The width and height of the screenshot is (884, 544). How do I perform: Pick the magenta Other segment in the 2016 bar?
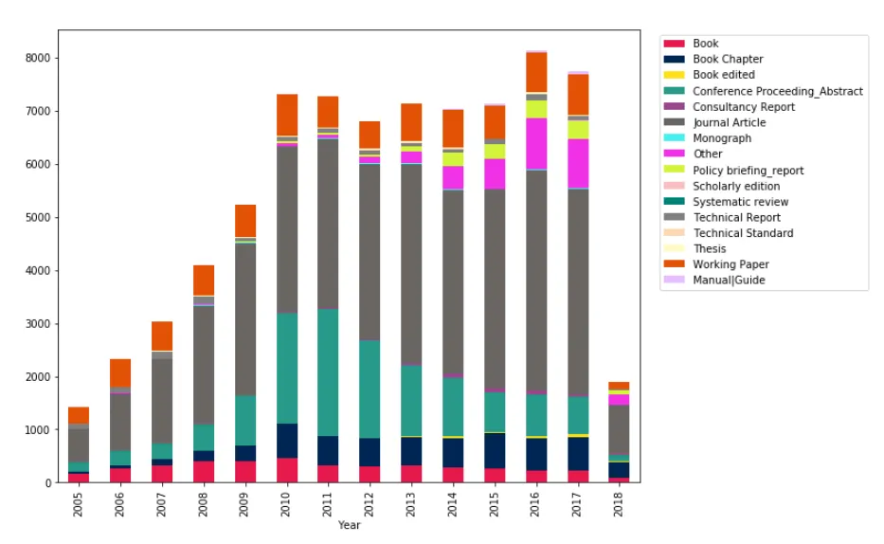pos(536,143)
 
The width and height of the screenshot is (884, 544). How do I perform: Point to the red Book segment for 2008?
pos(204,471)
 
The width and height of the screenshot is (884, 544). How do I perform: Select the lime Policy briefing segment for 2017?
pos(578,129)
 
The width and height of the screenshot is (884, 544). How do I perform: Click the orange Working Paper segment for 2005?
pos(79,415)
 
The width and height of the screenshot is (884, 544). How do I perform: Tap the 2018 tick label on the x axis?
pos(620,500)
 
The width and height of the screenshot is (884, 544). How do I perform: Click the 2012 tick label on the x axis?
pos(370,500)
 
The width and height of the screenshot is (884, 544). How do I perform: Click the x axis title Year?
pos(349,525)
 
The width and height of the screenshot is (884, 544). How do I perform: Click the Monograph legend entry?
pos(722,138)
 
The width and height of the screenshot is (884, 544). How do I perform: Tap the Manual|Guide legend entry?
pos(729,280)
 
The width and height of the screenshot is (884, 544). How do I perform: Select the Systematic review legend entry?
pos(740,201)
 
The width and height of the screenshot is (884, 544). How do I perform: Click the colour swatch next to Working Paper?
pos(674,264)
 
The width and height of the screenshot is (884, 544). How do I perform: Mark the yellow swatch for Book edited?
pos(674,75)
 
